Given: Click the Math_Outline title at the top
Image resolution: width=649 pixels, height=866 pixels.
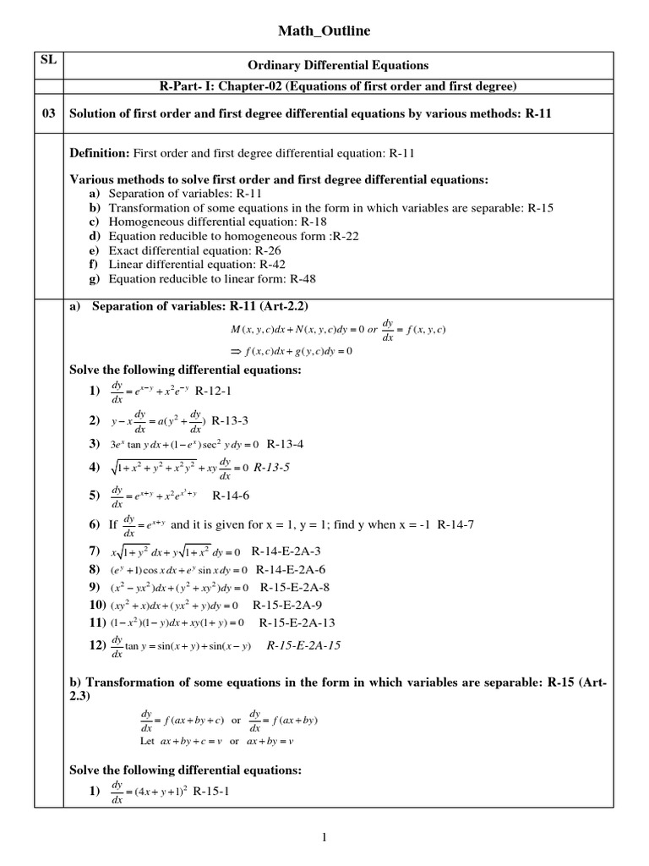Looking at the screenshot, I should pos(324,31).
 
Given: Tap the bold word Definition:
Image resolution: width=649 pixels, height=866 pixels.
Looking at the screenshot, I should pos(99,153).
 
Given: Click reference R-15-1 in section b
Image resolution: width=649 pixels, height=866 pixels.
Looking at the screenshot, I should pos(211,792).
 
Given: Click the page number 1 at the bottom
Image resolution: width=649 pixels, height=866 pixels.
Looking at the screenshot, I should pos(324,837).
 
